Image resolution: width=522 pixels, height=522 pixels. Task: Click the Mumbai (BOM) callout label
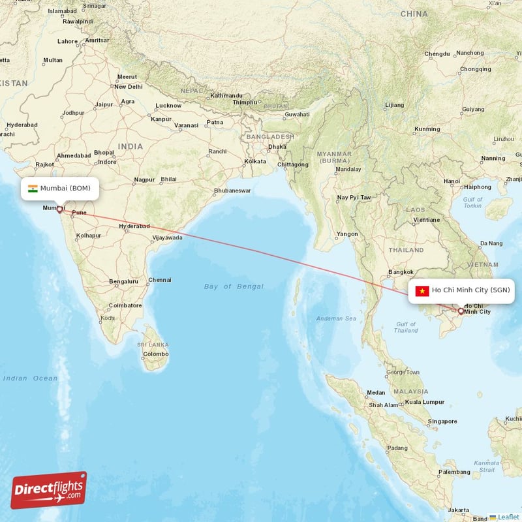pos(63,189)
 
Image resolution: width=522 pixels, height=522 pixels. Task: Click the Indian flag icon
pos(33,189)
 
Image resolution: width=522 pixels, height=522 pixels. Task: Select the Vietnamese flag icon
pos(422,291)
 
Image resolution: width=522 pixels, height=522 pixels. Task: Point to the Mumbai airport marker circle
pos(59,209)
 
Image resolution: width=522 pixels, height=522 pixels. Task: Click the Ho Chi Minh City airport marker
pos(461,311)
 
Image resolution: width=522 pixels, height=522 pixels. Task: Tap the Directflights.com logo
pos(49,490)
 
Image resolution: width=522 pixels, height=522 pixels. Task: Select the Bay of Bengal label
pos(234,286)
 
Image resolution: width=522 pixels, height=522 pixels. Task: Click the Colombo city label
pos(156,354)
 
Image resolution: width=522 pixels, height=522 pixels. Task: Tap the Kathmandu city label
pos(226,95)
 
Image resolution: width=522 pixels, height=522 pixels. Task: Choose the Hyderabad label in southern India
pos(134,226)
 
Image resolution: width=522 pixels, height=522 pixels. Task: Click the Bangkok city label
pos(401,271)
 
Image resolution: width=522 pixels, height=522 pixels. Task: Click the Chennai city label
pos(160,280)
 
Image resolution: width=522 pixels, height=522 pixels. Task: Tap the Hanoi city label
pos(452,181)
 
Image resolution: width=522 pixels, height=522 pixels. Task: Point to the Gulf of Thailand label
pos(407,327)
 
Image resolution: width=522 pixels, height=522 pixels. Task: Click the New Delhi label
pos(129,86)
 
